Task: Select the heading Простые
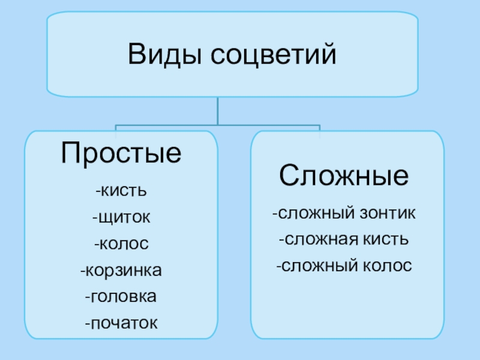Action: (x=121, y=154)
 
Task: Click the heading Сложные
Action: (x=344, y=176)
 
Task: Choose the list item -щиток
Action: (x=121, y=218)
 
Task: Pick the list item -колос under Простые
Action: (x=121, y=245)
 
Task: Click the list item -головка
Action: (x=121, y=297)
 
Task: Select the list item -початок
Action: (x=121, y=323)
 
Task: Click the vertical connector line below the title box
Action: (x=218, y=112)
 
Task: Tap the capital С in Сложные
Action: (x=288, y=176)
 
